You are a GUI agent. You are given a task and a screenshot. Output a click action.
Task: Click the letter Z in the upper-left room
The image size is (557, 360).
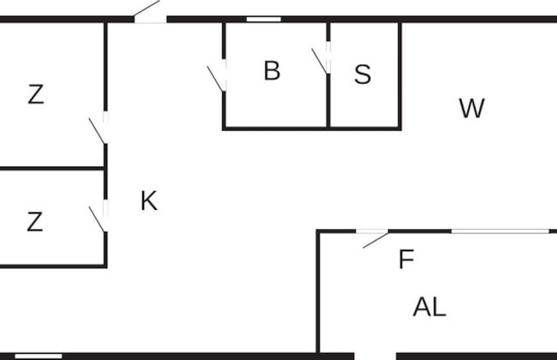[x=35, y=95]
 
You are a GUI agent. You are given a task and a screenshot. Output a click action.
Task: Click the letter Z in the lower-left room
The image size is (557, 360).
[x=34, y=223]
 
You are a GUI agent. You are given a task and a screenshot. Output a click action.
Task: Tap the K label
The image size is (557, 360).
[x=149, y=201]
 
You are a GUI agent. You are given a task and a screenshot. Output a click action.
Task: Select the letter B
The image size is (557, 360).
[x=272, y=71]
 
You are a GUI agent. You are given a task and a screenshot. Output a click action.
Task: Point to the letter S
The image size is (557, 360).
[x=362, y=75]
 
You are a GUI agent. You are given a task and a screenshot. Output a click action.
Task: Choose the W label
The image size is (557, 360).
[x=472, y=109]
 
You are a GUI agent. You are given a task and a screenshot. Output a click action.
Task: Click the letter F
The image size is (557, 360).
[x=406, y=260]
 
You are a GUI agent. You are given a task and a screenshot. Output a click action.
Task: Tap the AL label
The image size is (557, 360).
[x=429, y=307]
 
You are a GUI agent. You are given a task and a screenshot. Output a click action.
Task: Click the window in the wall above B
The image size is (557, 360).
[x=263, y=19]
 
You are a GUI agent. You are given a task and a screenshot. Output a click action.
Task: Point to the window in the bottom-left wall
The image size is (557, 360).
[x=39, y=356]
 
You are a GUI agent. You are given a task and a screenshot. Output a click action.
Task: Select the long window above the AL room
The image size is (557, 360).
[x=500, y=231]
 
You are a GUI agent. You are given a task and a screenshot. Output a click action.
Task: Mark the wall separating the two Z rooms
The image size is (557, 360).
[x=51, y=168]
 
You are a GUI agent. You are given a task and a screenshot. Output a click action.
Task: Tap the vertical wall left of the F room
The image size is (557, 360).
[x=318, y=291]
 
